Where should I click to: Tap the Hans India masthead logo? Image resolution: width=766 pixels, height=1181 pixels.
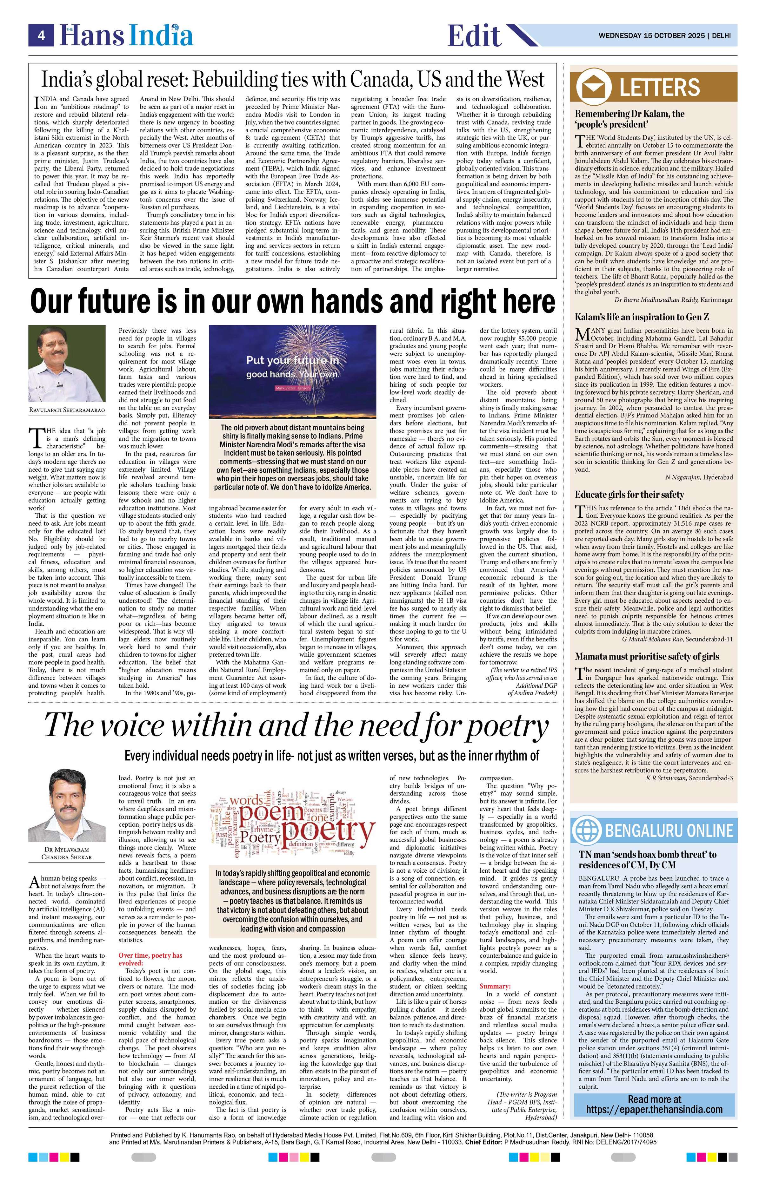coord(126,36)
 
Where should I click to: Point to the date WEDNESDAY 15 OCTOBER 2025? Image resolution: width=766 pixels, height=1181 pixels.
coord(652,36)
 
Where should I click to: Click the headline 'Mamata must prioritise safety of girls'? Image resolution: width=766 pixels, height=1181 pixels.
coord(646,657)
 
